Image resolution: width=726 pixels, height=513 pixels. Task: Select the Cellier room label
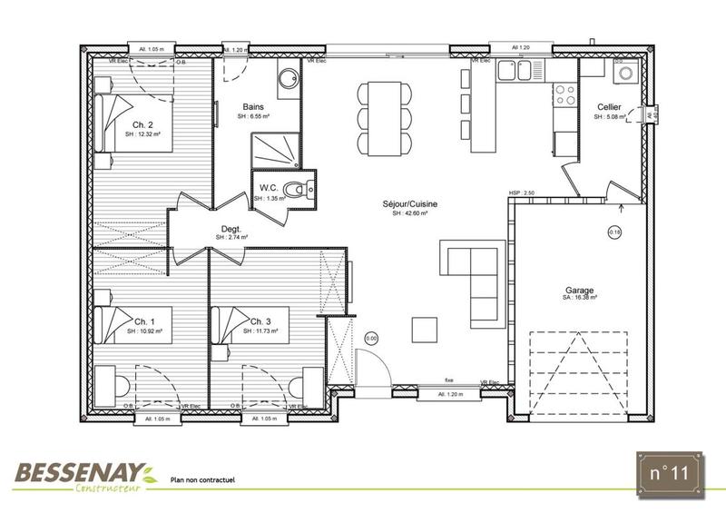click(x=609, y=108)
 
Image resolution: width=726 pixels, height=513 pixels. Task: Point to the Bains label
click(x=254, y=107)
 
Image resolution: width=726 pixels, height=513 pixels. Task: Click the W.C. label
click(x=267, y=187)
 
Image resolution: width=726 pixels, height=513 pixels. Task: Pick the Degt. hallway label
click(x=231, y=230)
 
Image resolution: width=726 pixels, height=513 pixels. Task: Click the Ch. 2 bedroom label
click(x=142, y=124)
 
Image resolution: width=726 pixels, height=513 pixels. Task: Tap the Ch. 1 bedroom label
click(x=145, y=322)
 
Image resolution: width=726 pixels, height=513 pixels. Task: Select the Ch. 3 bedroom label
click(x=260, y=322)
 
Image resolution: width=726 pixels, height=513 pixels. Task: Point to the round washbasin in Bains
click(x=288, y=77)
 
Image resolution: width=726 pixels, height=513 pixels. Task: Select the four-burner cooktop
click(x=564, y=94)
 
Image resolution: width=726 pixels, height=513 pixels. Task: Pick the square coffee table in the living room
click(x=425, y=329)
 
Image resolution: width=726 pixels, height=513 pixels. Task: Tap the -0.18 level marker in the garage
click(x=614, y=232)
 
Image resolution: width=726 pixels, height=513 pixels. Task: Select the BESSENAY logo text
click(x=79, y=470)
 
